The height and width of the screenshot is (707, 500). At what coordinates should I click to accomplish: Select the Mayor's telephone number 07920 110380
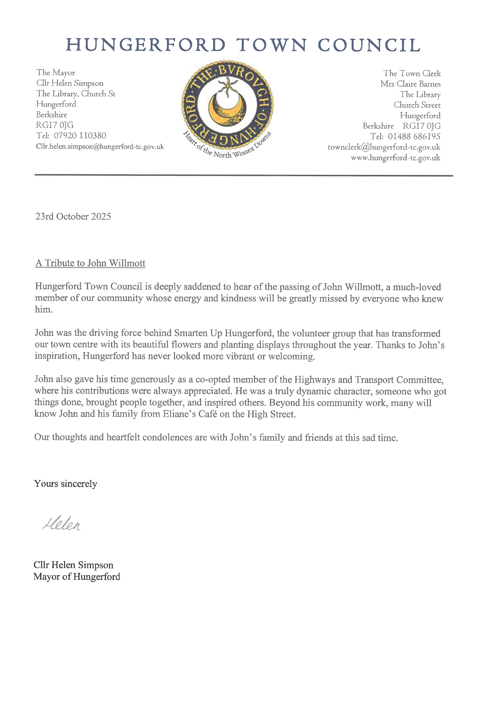point(80,136)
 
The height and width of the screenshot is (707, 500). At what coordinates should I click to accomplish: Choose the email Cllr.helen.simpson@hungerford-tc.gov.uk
point(100,147)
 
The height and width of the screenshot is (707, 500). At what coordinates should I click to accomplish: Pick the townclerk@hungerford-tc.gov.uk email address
point(384,147)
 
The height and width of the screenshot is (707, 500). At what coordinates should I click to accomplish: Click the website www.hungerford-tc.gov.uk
point(395,158)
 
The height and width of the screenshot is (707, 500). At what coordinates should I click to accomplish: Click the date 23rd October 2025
point(73,217)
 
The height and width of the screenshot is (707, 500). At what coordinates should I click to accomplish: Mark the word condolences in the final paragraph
point(167,437)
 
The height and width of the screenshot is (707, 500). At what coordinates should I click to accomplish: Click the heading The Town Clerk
point(412,73)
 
